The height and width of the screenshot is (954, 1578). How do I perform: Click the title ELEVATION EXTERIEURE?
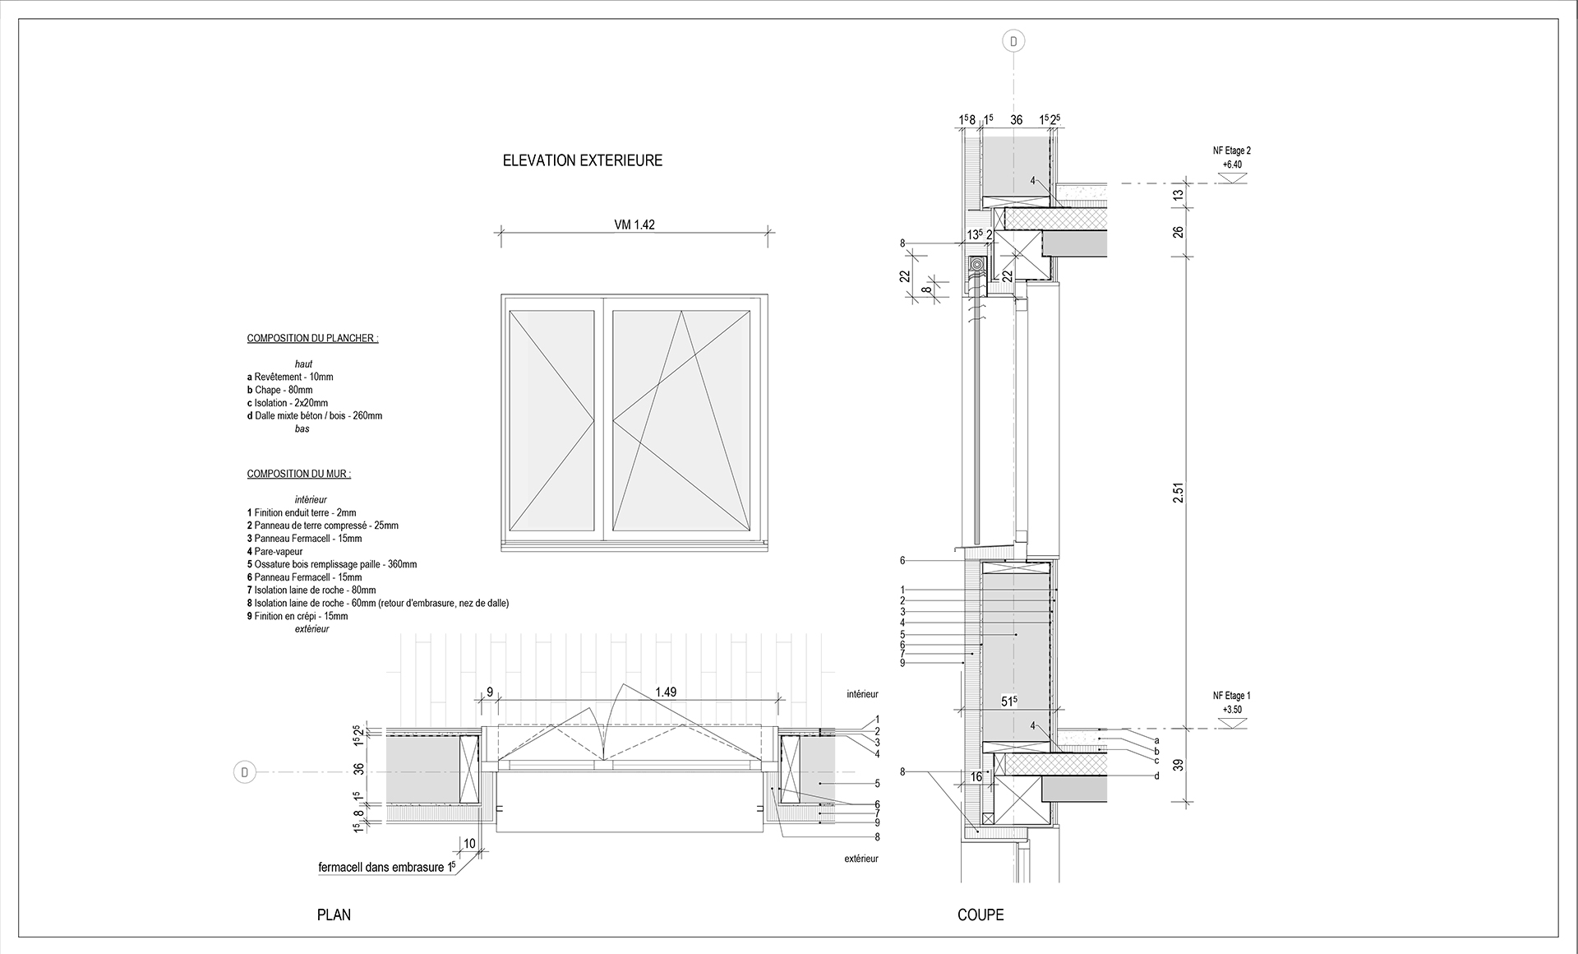click(582, 161)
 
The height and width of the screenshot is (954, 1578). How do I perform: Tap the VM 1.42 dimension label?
click(634, 225)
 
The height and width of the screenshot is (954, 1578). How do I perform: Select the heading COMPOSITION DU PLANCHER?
click(312, 339)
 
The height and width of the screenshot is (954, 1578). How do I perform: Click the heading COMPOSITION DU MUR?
click(298, 475)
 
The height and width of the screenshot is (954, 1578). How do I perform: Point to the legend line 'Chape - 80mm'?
click(279, 390)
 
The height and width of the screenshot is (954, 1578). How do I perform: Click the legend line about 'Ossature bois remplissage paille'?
click(331, 564)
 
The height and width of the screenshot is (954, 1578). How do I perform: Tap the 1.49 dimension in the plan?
click(666, 692)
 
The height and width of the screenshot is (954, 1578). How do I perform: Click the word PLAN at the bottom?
click(334, 915)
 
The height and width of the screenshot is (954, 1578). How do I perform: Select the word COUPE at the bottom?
click(980, 915)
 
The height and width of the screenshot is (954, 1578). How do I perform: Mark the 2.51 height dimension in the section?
click(1178, 493)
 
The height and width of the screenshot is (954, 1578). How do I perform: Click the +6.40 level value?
click(1232, 164)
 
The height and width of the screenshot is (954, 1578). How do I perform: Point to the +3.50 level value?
click(1232, 709)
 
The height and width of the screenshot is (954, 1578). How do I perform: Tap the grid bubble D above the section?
click(1013, 41)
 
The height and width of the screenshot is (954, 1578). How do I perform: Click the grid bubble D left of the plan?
click(244, 772)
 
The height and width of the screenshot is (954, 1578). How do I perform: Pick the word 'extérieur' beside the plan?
click(861, 859)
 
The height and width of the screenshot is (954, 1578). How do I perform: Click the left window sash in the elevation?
click(551, 422)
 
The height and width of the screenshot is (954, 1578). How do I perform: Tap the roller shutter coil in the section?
click(976, 266)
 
